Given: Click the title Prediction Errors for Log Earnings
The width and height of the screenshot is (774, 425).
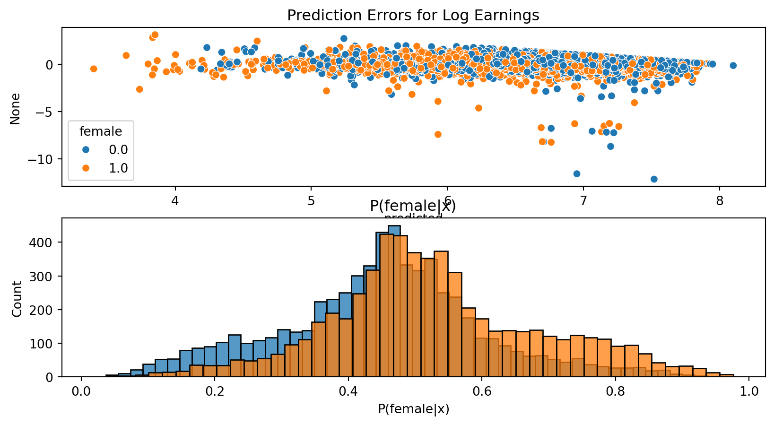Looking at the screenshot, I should click(x=413, y=16).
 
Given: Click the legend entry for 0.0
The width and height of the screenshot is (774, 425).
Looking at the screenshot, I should click(x=118, y=150).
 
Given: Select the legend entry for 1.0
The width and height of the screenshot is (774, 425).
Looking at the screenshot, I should click(x=118, y=168).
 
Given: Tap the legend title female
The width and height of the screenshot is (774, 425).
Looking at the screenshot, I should click(x=101, y=131).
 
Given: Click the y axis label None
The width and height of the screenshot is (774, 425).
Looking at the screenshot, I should click(x=16, y=108).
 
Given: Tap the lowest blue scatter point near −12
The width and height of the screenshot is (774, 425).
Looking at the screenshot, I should click(x=654, y=179).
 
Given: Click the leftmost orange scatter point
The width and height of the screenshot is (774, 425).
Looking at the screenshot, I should click(x=94, y=69).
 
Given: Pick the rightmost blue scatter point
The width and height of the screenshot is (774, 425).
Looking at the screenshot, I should click(x=733, y=66).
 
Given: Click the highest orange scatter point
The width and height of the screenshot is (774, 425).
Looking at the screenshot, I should click(x=155, y=35).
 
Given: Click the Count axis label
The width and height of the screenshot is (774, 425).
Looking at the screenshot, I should click(x=17, y=299).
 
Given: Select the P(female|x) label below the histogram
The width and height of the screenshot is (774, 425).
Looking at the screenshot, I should click(x=413, y=409).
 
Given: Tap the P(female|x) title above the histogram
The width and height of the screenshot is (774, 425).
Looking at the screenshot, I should click(x=413, y=206).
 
